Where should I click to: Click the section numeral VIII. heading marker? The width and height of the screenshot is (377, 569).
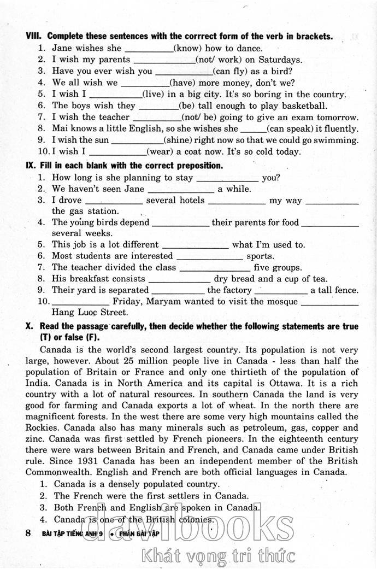point(34,37)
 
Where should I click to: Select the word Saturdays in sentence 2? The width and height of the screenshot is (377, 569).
point(278,60)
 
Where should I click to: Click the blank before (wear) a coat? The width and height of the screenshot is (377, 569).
point(117,152)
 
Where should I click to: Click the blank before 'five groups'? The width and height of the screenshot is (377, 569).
point(215,268)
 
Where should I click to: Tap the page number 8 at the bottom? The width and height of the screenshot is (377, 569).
point(28,532)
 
